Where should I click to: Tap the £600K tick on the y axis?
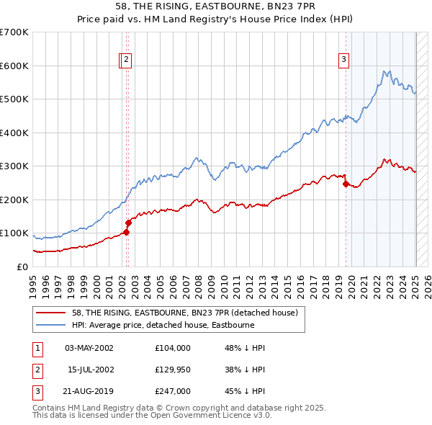pyautogui.click(x=14, y=66)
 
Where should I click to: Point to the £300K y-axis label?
pyautogui.click(x=14, y=166)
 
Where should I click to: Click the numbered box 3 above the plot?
pyautogui.click(x=344, y=60)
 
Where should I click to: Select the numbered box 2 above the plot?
pyautogui.click(x=126, y=60)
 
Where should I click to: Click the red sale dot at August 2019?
pyautogui.click(x=345, y=184)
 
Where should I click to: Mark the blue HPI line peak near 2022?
pyautogui.click(x=387, y=71)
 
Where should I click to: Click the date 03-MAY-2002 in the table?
pyautogui.click(x=89, y=348)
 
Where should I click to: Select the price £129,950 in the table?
pyautogui.click(x=172, y=370)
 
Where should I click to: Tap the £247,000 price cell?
pyautogui.click(x=172, y=391)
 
